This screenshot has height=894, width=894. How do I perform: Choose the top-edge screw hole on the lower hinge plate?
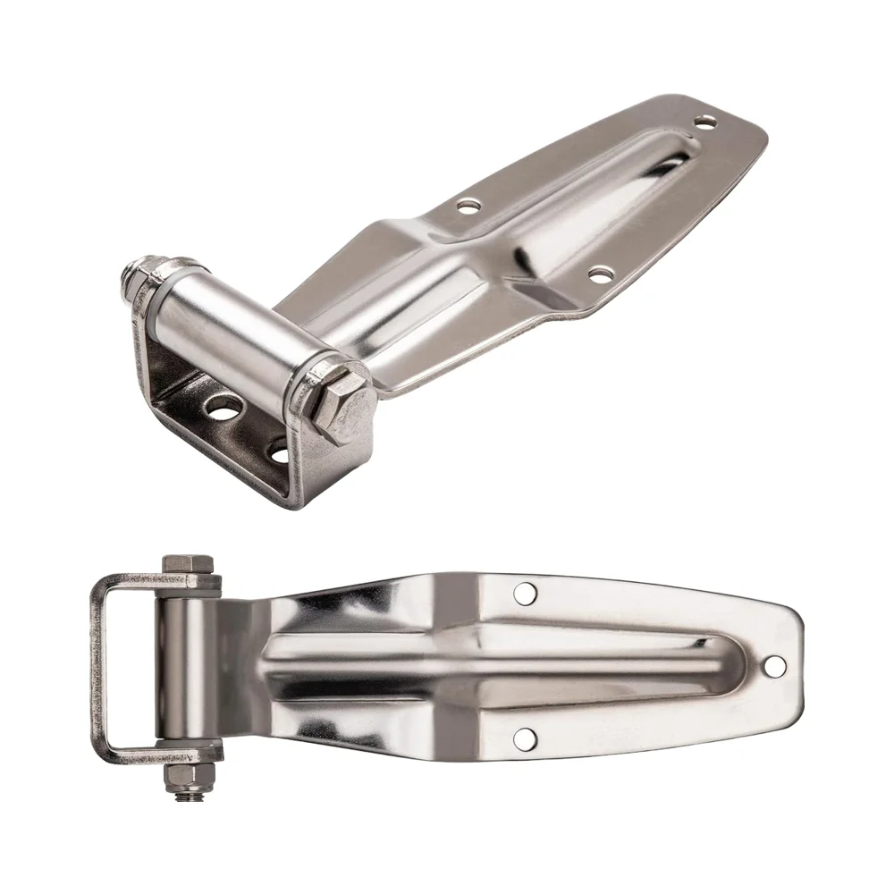[526, 593]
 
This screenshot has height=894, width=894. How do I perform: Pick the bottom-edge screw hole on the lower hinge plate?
[525, 738]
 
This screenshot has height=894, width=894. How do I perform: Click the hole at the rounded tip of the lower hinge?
[774, 666]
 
